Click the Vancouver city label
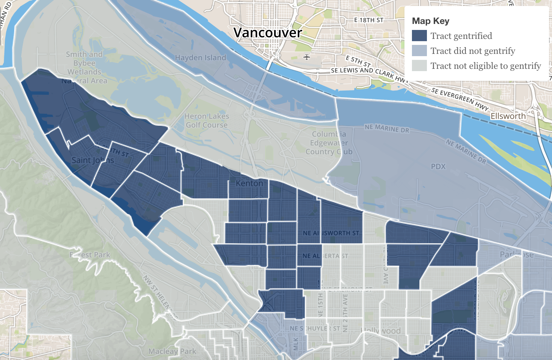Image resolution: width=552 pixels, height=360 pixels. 267,33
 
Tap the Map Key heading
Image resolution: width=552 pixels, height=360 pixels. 430,21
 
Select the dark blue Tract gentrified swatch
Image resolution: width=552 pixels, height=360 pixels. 419,36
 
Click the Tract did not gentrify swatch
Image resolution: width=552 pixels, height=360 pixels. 419,51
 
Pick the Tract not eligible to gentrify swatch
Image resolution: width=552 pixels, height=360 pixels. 419,66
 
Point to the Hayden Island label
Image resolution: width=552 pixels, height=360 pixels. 200,58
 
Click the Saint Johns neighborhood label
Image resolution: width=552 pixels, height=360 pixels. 92,160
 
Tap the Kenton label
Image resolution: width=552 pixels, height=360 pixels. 249,183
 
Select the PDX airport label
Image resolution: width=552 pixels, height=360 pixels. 438,167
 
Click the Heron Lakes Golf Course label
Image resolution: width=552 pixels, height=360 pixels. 207,120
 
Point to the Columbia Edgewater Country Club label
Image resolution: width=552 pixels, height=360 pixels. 329,143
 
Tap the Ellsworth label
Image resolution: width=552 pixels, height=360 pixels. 508,116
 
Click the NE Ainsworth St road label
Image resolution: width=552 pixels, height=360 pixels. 331,233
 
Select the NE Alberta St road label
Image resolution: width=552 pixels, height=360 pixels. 325,256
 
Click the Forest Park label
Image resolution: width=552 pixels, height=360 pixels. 90,255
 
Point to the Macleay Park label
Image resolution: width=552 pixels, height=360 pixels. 172,351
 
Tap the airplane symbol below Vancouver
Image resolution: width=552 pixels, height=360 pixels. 307,57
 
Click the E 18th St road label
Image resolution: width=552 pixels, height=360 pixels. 368,20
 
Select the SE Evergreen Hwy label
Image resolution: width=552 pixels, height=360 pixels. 460,99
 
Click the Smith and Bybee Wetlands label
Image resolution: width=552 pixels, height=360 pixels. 85,67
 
